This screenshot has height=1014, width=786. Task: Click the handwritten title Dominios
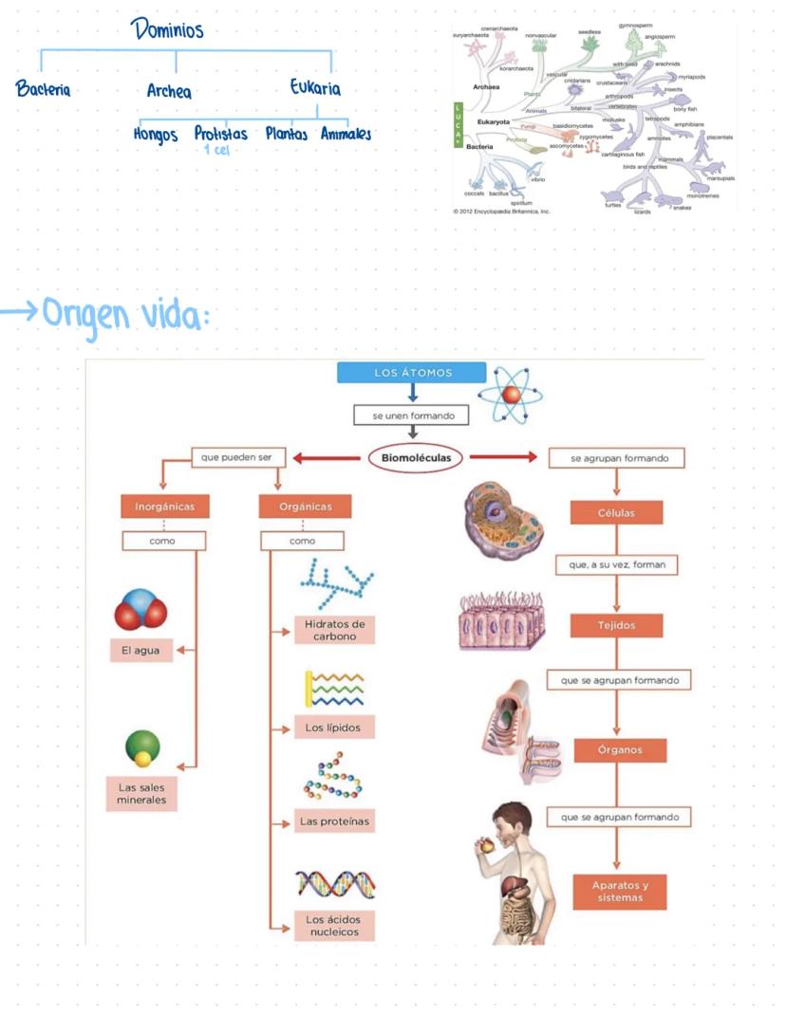coord(167,30)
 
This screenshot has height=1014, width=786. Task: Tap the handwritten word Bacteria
coord(43,90)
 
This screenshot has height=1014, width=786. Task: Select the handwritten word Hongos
coord(156,135)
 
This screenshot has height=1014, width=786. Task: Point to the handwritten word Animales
coord(346,134)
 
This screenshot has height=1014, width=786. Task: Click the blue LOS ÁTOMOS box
coord(412,373)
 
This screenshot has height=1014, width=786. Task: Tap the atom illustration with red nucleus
coord(512,395)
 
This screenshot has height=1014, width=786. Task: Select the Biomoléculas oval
coord(416,458)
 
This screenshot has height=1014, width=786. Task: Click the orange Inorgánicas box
coord(164,507)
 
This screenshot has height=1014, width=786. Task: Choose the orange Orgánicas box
coord(305,507)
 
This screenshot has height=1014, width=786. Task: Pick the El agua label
coord(140,652)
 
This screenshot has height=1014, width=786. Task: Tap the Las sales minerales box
coord(141,794)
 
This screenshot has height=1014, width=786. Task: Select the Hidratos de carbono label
coord(334,630)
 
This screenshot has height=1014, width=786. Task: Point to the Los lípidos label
coord(333,728)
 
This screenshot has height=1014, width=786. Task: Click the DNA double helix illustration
coord(334,883)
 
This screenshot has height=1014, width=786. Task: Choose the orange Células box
coord(616,513)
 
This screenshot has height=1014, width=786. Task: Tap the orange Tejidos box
coord(616,626)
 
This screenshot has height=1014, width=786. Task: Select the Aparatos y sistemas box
coord(620,892)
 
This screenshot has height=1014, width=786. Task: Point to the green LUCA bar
coord(458,123)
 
